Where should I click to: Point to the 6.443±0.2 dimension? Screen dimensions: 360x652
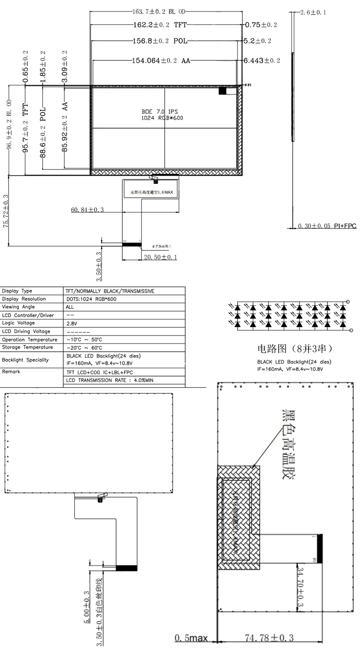pyautogui.click(x=262, y=61)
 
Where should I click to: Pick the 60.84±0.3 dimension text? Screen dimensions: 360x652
pyautogui.click(x=87, y=210)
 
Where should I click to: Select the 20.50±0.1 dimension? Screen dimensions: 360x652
pyautogui.click(x=160, y=258)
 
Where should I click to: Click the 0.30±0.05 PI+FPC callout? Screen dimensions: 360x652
pyautogui.click(x=327, y=226)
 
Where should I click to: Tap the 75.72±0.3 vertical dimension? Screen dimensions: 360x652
pyautogui.click(x=6, y=211)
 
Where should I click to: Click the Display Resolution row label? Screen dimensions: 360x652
pyautogui.click(x=24, y=299)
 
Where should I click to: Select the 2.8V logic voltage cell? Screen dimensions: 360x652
pyautogui.click(x=72, y=324)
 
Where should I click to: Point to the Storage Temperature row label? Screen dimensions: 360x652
pyautogui.click(x=27, y=347)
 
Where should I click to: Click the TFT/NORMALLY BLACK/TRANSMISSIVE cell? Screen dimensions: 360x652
pyautogui.click(x=110, y=291)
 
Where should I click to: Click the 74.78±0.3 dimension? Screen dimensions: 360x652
pyautogui.click(x=269, y=638)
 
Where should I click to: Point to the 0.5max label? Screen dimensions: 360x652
pyautogui.click(x=191, y=638)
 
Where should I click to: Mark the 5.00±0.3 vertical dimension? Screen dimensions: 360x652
pyautogui.click(x=86, y=606)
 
